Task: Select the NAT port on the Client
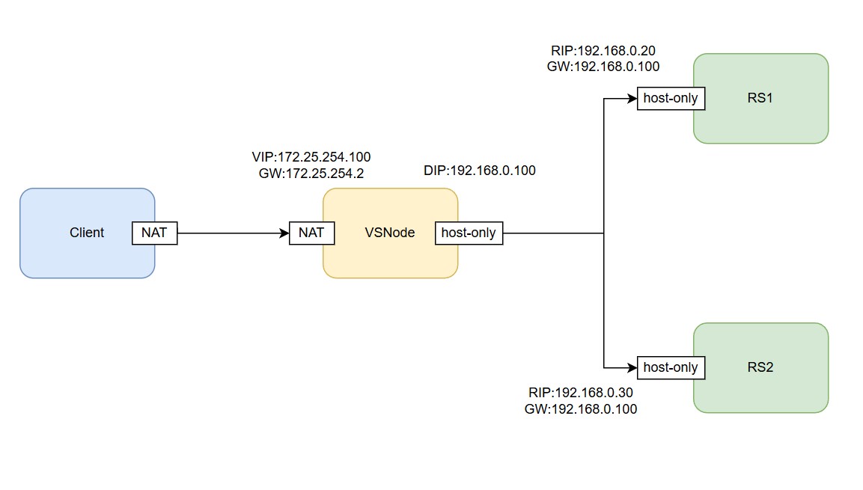point(154,233)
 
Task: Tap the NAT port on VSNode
point(311,233)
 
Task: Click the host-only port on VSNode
point(469,233)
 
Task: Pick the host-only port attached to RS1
point(671,98)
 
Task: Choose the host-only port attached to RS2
point(671,367)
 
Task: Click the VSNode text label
point(389,233)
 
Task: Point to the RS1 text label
point(760,98)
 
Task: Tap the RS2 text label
point(760,367)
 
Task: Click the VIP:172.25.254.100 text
point(311,157)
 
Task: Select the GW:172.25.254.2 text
point(311,172)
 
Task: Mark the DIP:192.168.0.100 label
point(480,171)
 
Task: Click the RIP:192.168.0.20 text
point(603,51)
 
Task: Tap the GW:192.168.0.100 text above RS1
point(603,66)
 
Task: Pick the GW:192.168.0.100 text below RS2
point(581,409)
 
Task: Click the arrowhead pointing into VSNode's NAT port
point(284,233)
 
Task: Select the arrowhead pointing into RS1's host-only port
point(632,98)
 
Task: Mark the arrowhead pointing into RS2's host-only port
point(632,367)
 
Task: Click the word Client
point(87,233)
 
